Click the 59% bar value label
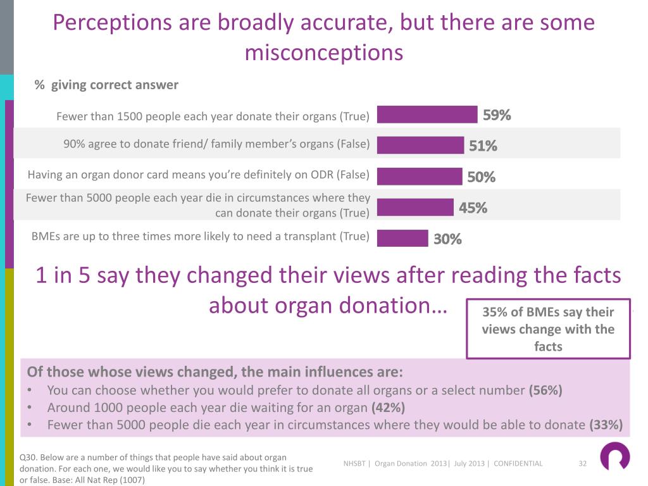[x=497, y=115]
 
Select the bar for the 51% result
[x=421, y=145]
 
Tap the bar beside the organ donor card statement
[x=420, y=177]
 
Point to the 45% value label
[x=473, y=208]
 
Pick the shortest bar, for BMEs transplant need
[x=402, y=238]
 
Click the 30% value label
[x=447, y=239]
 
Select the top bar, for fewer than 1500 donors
[x=427, y=115]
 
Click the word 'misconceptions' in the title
[x=323, y=53]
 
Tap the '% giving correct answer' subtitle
[x=106, y=85]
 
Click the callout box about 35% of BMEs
[x=548, y=329]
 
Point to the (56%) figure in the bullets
[x=545, y=390]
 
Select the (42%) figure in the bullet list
[x=388, y=408]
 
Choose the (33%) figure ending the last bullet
[x=606, y=425]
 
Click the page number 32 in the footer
[x=583, y=464]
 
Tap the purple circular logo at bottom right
[x=614, y=456]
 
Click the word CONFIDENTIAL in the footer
[x=518, y=464]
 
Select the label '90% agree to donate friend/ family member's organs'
[x=216, y=144]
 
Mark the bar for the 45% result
[x=416, y=207]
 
